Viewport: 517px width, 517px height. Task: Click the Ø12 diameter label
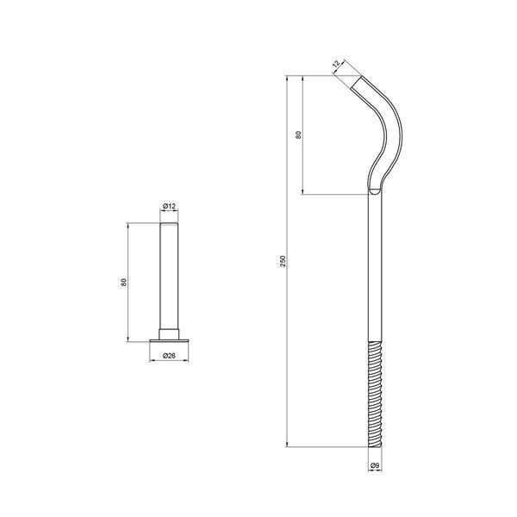coord(169,207)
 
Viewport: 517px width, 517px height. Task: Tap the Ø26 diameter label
coord(169,355)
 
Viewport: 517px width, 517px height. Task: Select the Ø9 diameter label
coord(375,465)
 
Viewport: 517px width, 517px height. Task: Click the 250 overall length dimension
coord(283,261)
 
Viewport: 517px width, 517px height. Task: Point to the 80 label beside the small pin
coord(123,283)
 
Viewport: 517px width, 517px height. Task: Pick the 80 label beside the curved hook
coord(298,134)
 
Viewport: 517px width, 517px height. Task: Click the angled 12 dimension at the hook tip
coord(336,64)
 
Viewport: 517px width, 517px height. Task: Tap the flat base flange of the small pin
coord(169,340)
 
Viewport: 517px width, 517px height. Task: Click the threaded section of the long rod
coord(375,395)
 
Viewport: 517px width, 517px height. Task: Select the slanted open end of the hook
coord(356,82)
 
